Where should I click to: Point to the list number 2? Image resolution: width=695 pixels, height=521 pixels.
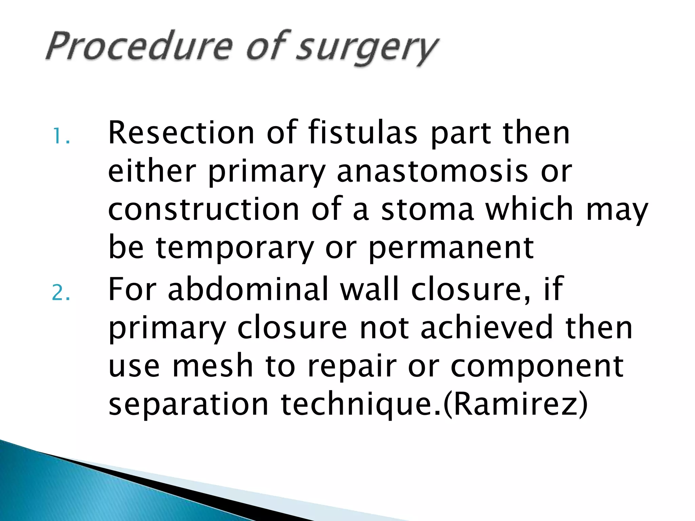coord(61,292)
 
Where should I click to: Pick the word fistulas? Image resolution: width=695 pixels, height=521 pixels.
coord(363,133)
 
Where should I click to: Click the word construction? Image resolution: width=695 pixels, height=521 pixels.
coord(204,209)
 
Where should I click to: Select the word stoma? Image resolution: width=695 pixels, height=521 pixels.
coord(427,209)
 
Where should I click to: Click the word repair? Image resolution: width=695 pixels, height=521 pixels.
coord(352,367)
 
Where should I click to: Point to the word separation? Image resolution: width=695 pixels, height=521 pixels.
coord(188,405)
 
